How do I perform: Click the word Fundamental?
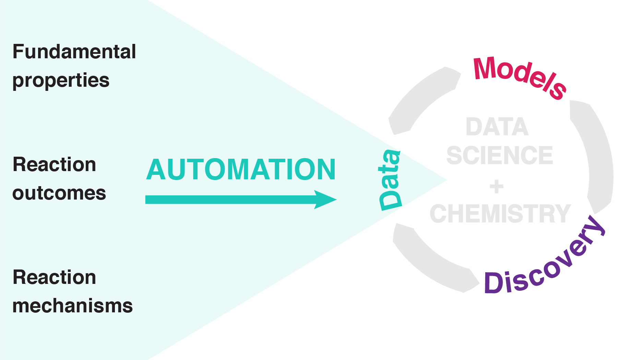pos(74,52)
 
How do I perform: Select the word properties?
pos(61,81)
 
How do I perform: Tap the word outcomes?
pos(59,193)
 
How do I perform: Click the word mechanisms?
pos(72,306)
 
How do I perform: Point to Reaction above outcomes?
pos(54,165)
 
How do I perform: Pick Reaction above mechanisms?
pos(54,277)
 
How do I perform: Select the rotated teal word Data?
pos(390,180)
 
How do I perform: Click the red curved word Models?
pos(520,77)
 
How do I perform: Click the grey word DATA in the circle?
pos(497,127)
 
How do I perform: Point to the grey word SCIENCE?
pos(500,155)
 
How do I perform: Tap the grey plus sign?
pos(496,187)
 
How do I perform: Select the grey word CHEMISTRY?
pos(500,214)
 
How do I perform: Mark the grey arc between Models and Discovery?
pos(595,154)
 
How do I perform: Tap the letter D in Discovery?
pos(493,283)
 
